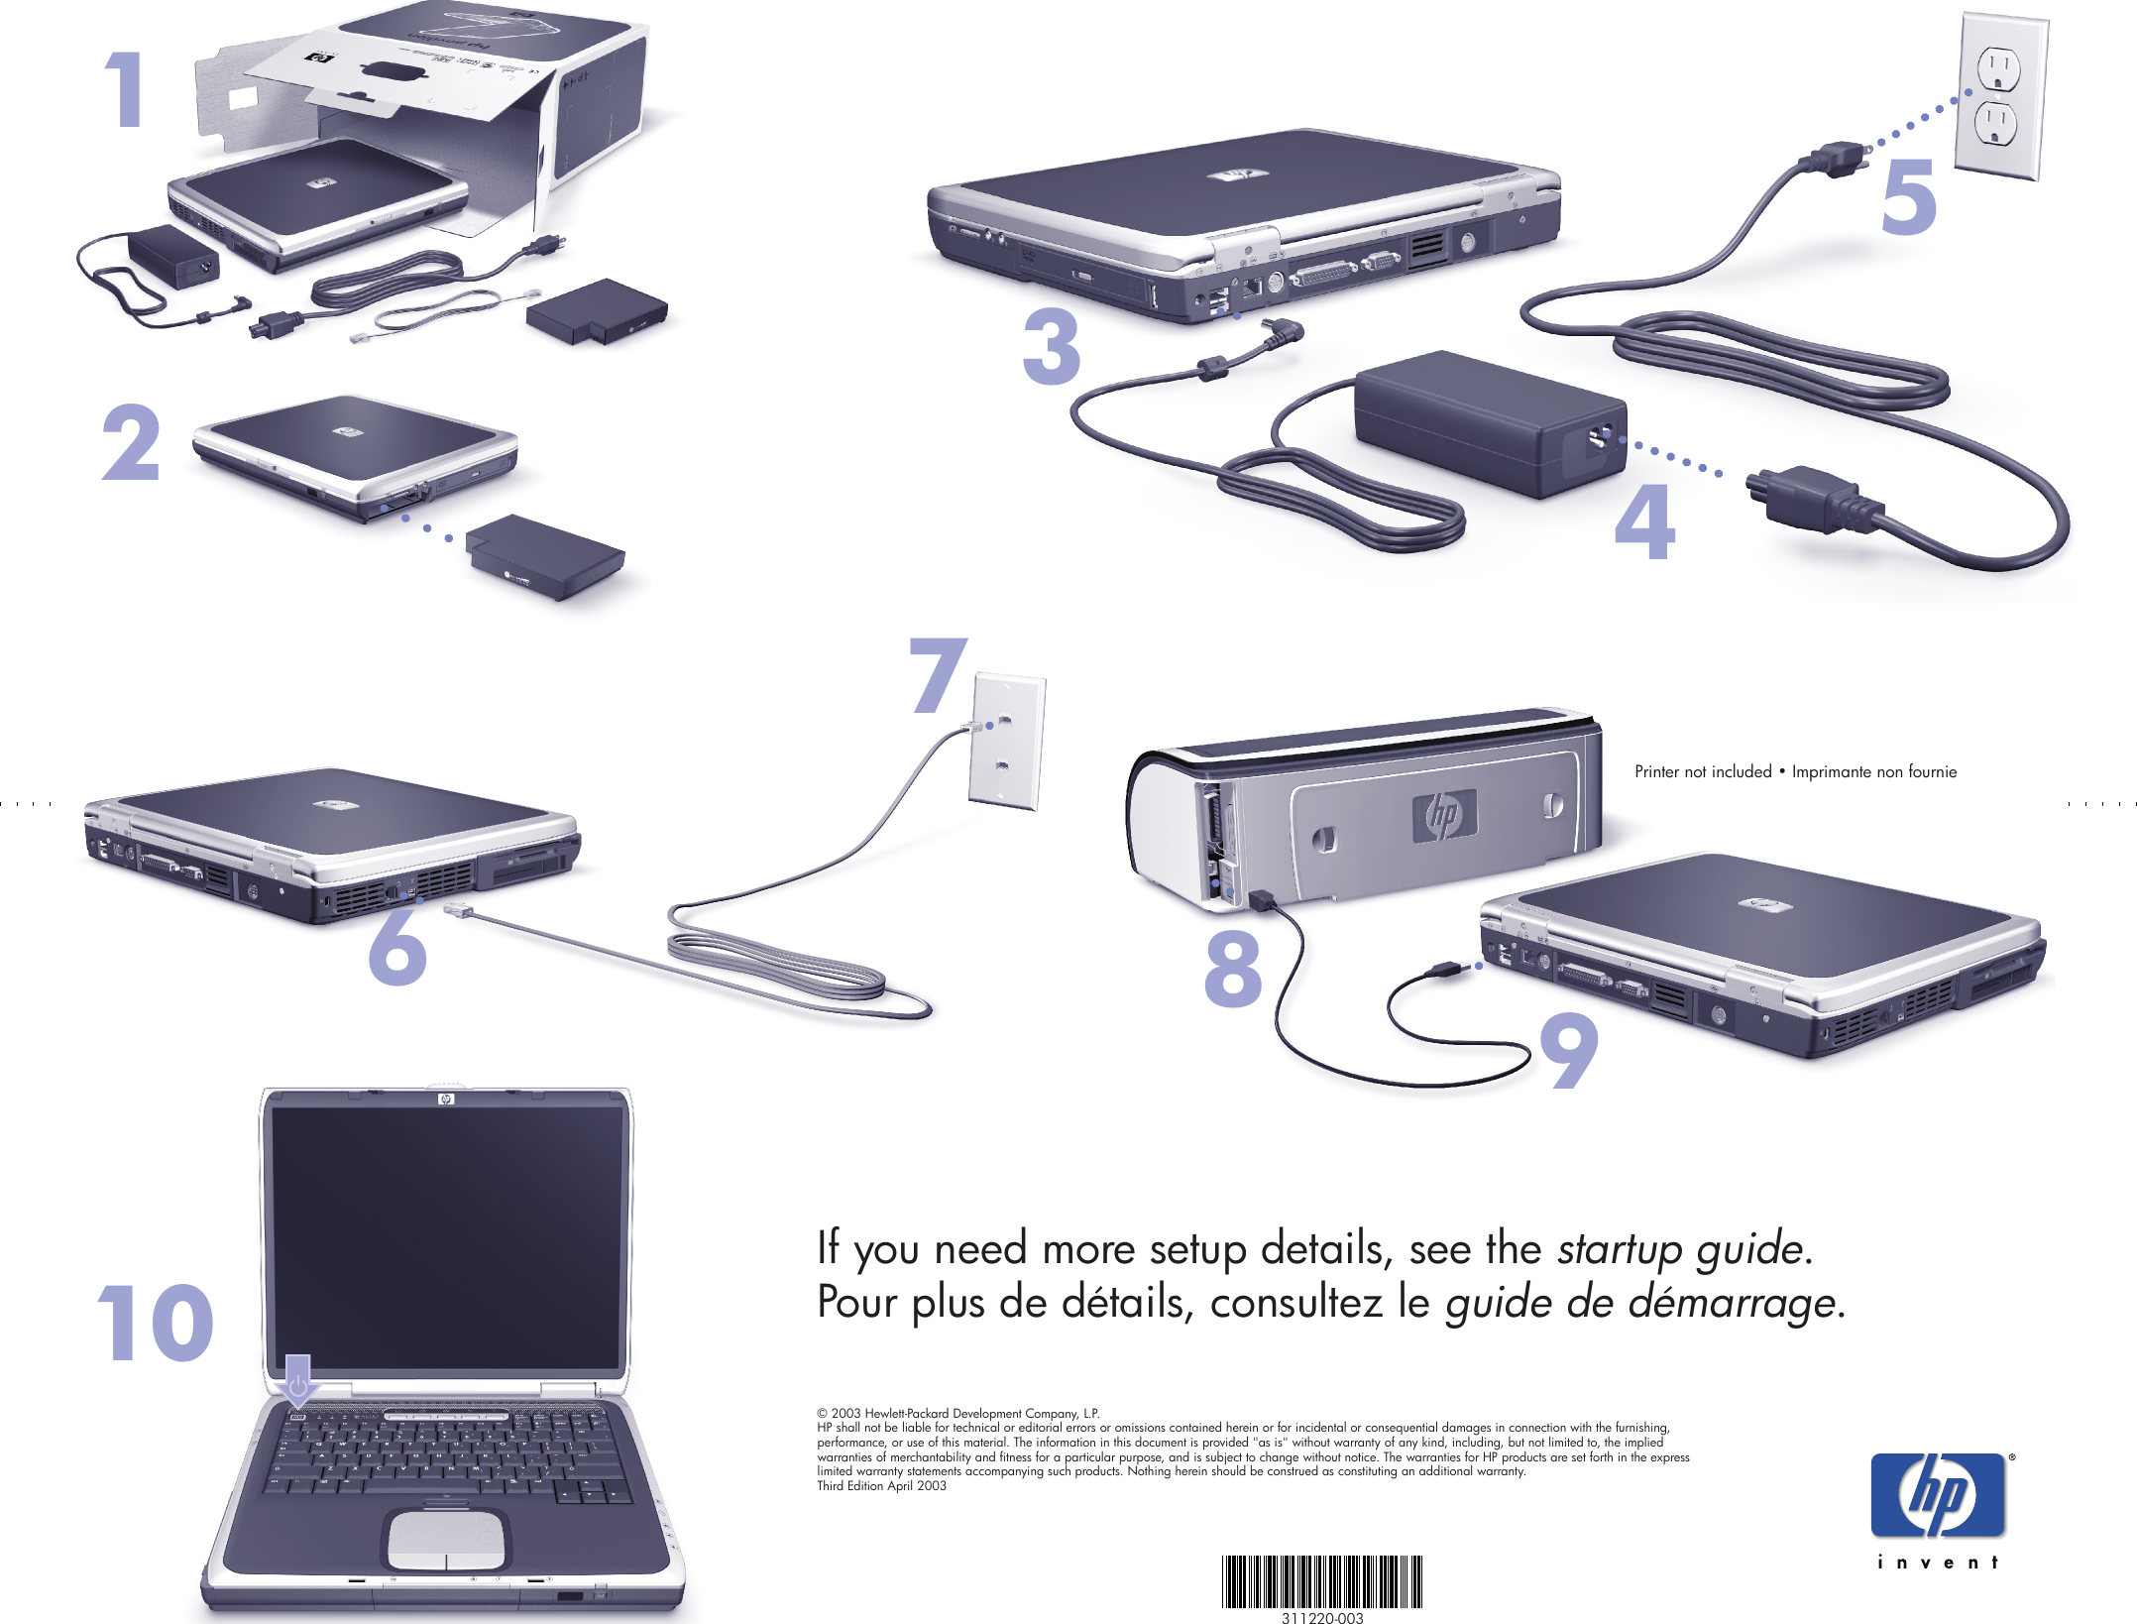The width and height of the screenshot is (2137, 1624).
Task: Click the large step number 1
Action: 127,90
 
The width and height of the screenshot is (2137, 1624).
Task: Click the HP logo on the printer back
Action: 1443,815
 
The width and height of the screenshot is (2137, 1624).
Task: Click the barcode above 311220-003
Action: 1322,1580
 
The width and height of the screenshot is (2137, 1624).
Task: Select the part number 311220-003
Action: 1322,1617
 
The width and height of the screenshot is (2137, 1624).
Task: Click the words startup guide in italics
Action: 1679,1248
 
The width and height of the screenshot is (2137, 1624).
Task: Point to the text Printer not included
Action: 1702,771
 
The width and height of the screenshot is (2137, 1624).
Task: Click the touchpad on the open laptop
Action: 446,1539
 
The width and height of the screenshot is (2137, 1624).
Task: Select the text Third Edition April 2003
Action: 881,1485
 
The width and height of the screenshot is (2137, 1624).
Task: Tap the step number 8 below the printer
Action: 1233,969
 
